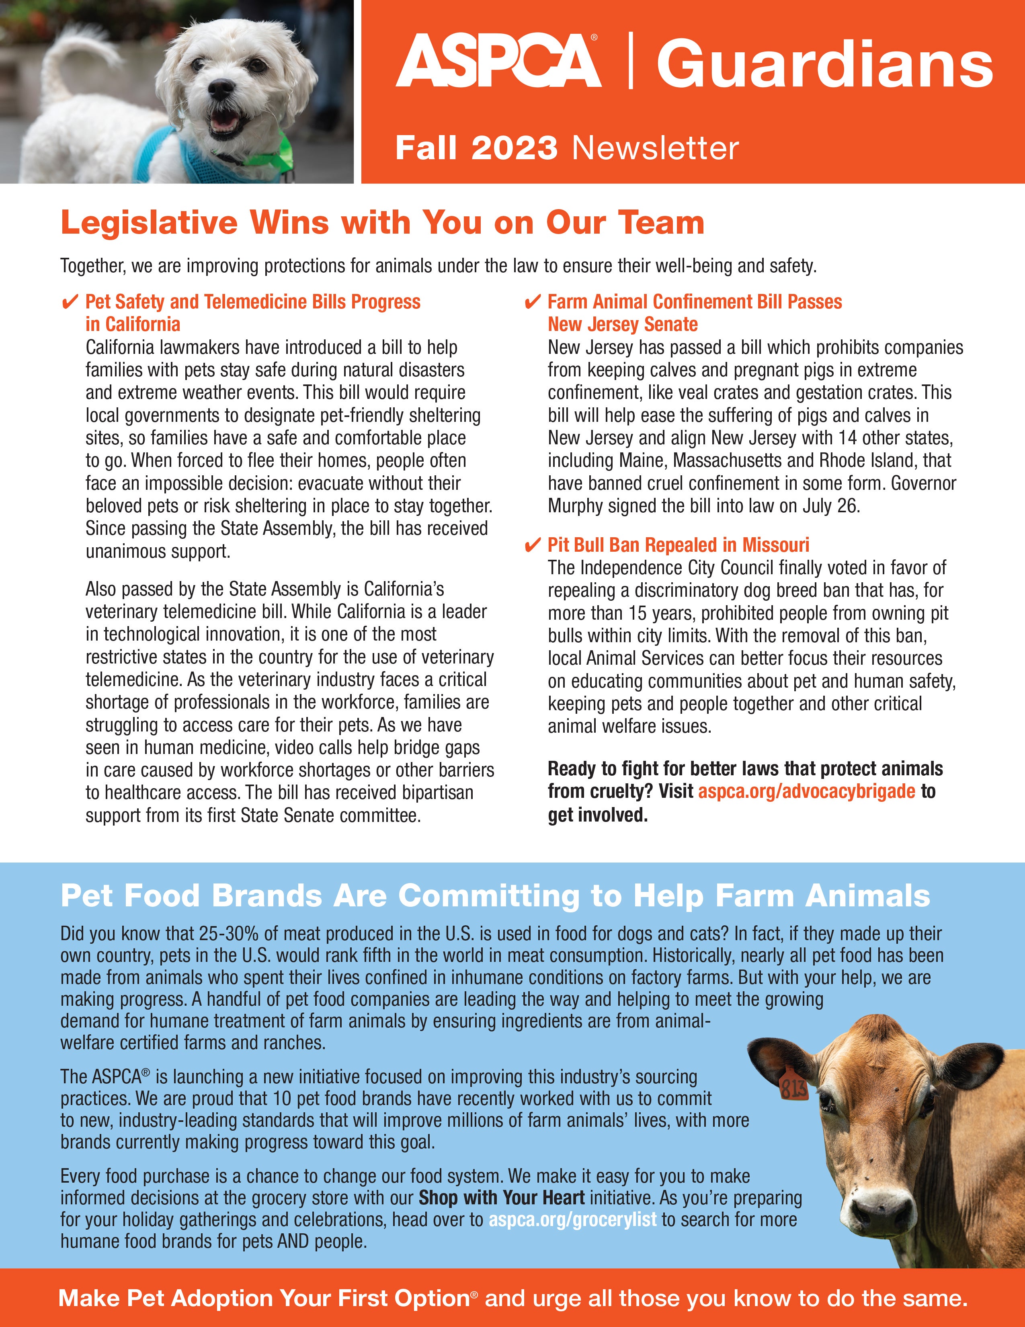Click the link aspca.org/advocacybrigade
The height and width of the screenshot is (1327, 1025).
point(806,792)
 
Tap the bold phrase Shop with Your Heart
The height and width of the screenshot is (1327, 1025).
point(502,1198)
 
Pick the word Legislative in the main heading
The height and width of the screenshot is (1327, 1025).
point(149,223)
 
